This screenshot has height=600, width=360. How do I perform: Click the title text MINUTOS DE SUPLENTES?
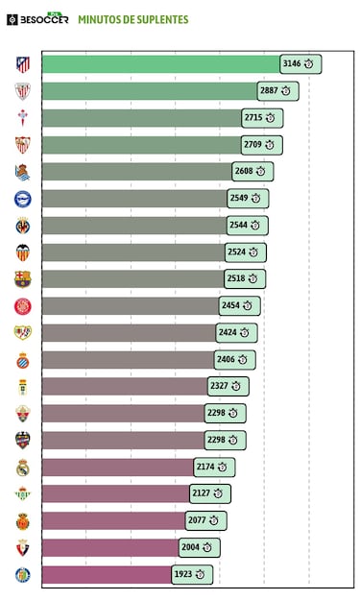tap(132, 19)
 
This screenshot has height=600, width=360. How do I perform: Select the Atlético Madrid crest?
tap(22, 64)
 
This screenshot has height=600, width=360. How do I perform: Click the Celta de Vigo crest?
tap(22, 118)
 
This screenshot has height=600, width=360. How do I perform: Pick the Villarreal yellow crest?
tap(22, 227)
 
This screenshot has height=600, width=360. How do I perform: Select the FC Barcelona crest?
tap(22, 279)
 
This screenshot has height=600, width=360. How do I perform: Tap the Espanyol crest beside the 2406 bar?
tap(22, 360)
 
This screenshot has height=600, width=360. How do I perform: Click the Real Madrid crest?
tap(22, 468)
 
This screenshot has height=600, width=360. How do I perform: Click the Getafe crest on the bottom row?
tap(22, 575)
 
